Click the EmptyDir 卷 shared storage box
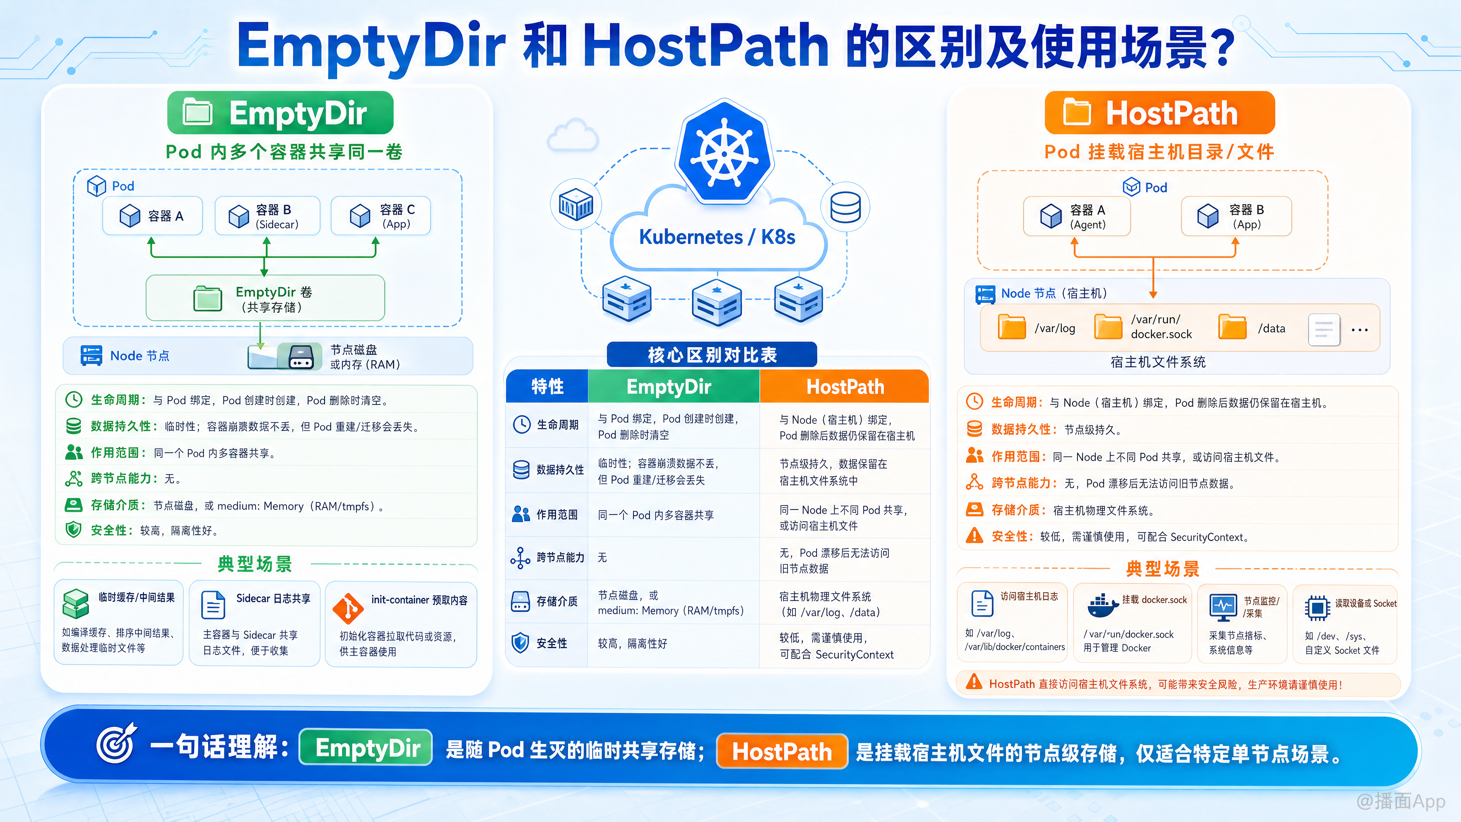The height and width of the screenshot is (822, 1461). click(265, 298)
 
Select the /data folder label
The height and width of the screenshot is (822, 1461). click(1272, 328)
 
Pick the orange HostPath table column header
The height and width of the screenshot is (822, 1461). click(845, 386)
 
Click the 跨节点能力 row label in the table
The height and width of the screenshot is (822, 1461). click(560, 558)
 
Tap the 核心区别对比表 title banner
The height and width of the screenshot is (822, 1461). click(712, 355)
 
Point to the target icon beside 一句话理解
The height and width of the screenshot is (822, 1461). click(116, 743)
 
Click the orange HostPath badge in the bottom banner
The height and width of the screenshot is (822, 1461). click(781, 751)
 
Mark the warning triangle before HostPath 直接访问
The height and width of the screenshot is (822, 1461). click(974, 682)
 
